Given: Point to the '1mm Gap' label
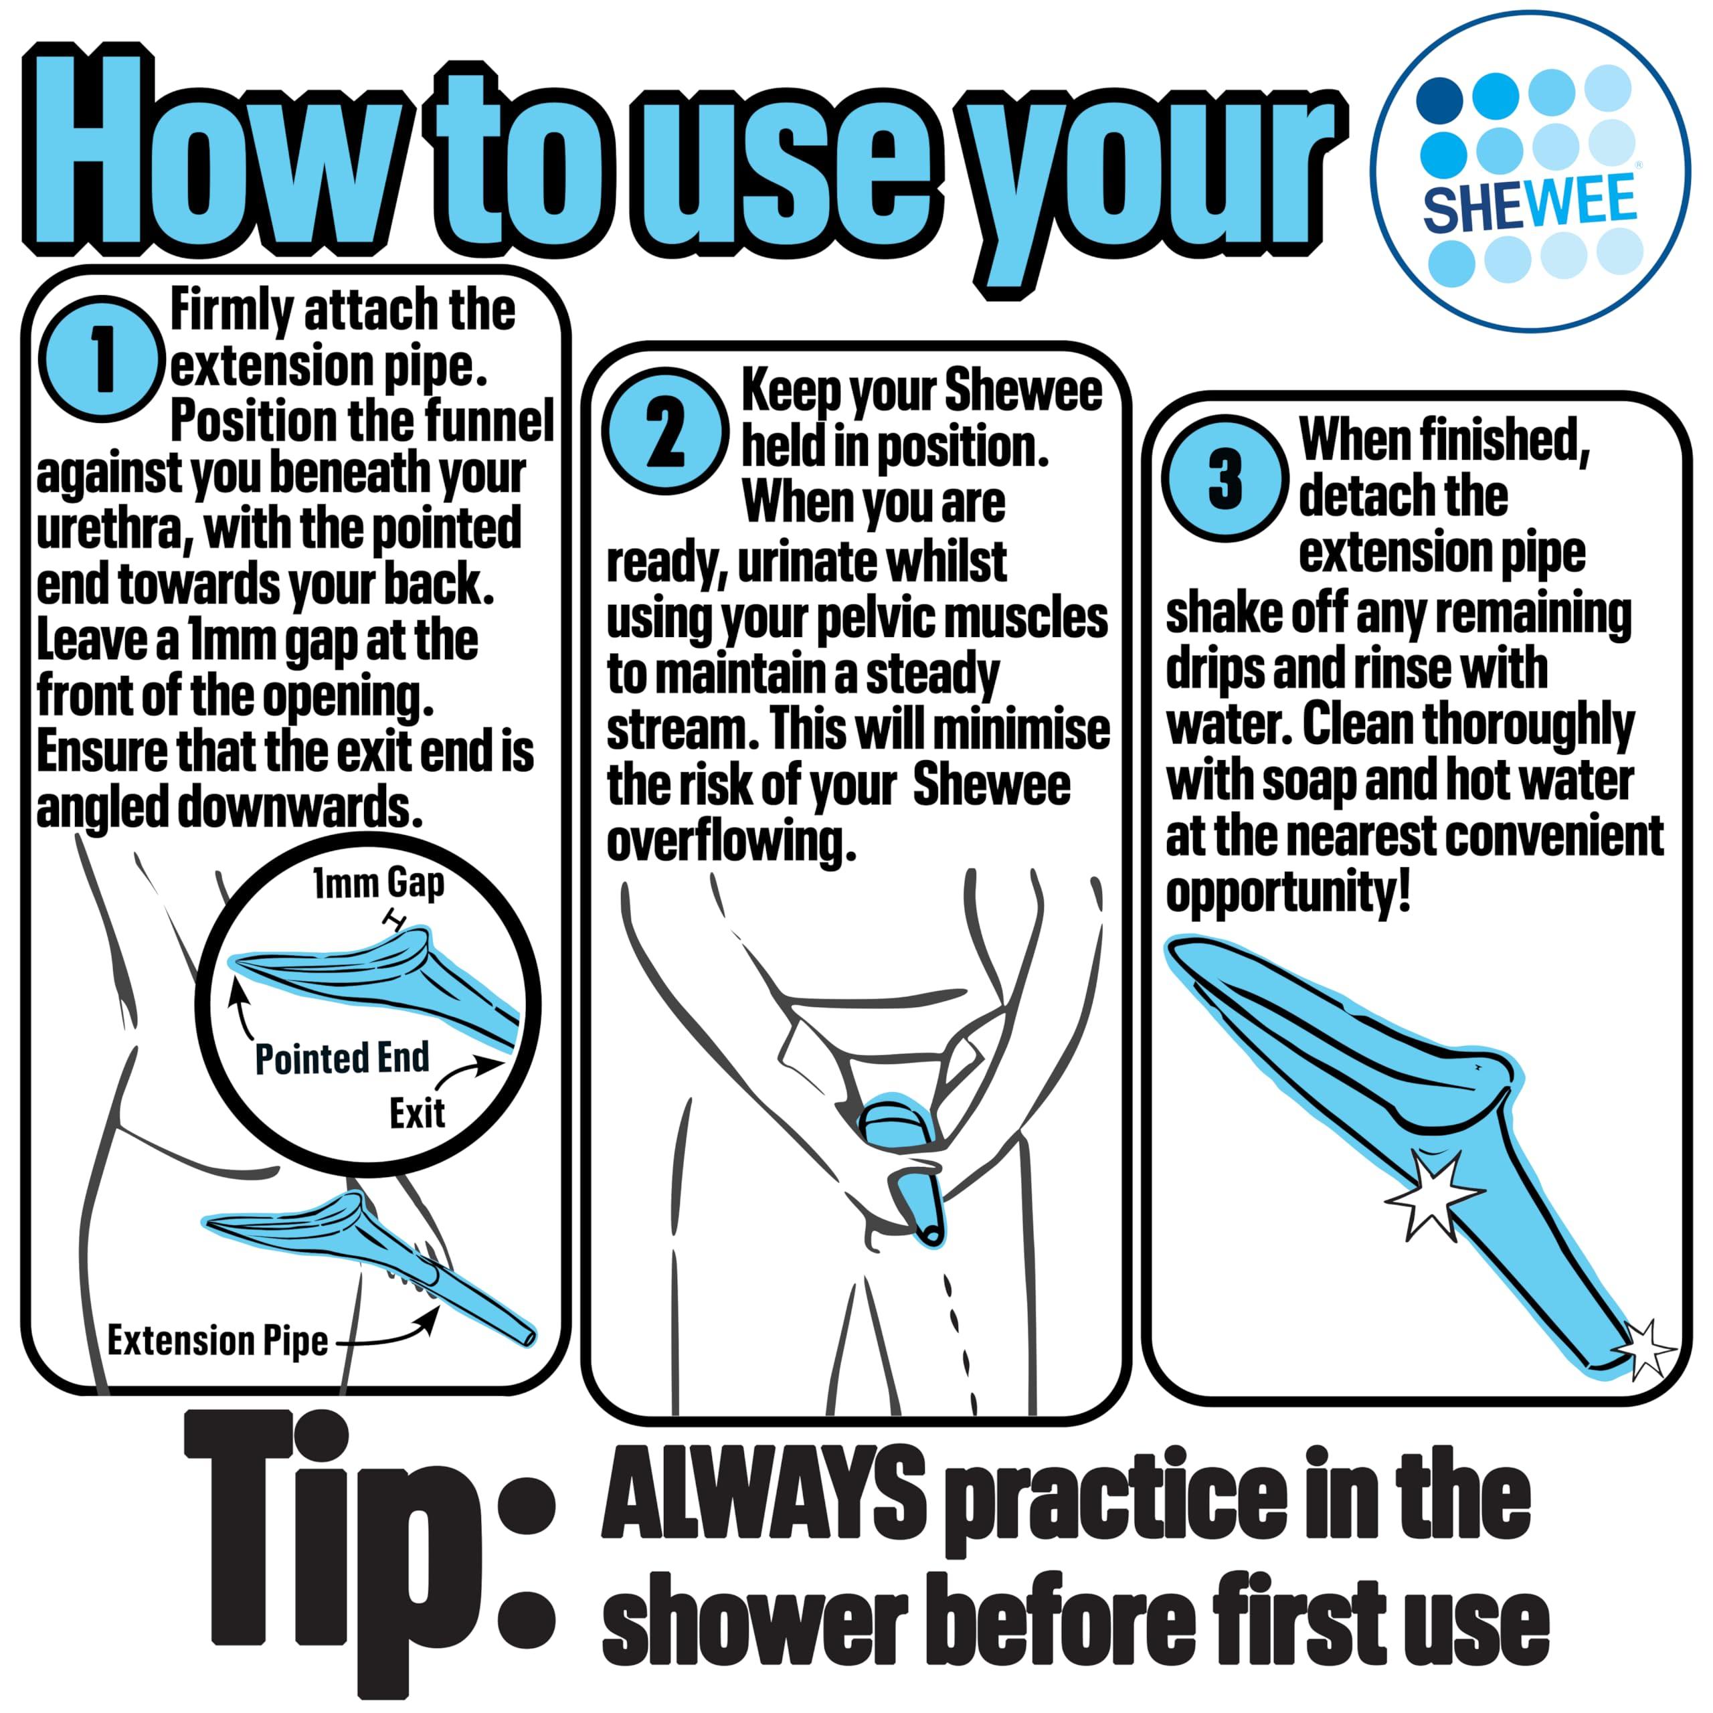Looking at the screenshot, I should click(x=379, y=883).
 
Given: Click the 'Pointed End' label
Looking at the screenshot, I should click(x=342, y=1059).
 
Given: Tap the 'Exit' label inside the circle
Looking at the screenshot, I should click(x=417, y=1113).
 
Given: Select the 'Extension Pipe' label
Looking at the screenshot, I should click(x=217, y=1340).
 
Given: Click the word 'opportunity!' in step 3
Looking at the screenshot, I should click(x=1287, y=895).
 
